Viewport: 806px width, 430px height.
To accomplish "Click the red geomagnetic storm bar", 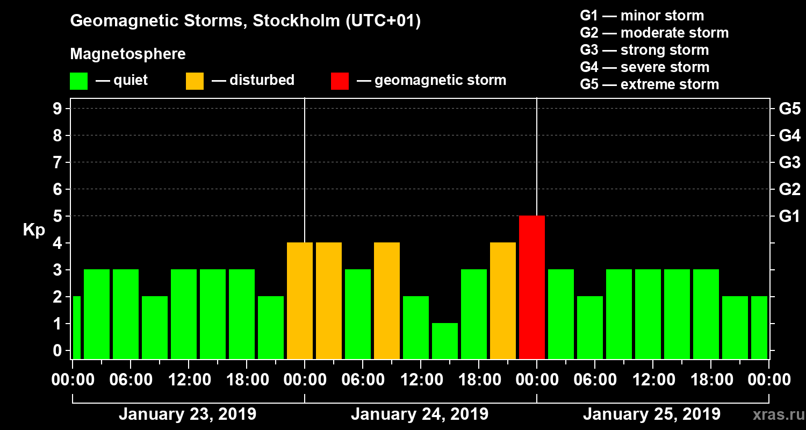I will click(532, 287).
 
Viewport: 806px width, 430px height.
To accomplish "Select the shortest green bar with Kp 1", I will click(445, 341).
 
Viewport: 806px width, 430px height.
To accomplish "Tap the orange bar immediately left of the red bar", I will click(503, 300).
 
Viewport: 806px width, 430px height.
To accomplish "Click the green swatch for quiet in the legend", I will click(78, 81).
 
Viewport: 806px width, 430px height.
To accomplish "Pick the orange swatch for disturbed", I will click(195, 81).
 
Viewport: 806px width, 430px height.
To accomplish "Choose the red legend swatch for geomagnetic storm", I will click(340, 81).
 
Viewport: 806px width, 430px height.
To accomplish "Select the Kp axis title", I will click(34, 230).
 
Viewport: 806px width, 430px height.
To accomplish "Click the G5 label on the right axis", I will click(789, 109).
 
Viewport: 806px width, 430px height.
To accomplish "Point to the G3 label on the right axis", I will click(789, 163).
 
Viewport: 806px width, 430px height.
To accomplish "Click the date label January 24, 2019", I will click(420, 414).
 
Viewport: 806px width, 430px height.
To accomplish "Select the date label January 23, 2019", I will click(188, 414).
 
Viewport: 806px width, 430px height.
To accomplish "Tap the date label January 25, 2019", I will click(652, 414).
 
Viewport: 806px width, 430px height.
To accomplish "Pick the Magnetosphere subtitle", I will click(128, 54).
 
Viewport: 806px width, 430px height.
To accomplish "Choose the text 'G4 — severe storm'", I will click(645, 67).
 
